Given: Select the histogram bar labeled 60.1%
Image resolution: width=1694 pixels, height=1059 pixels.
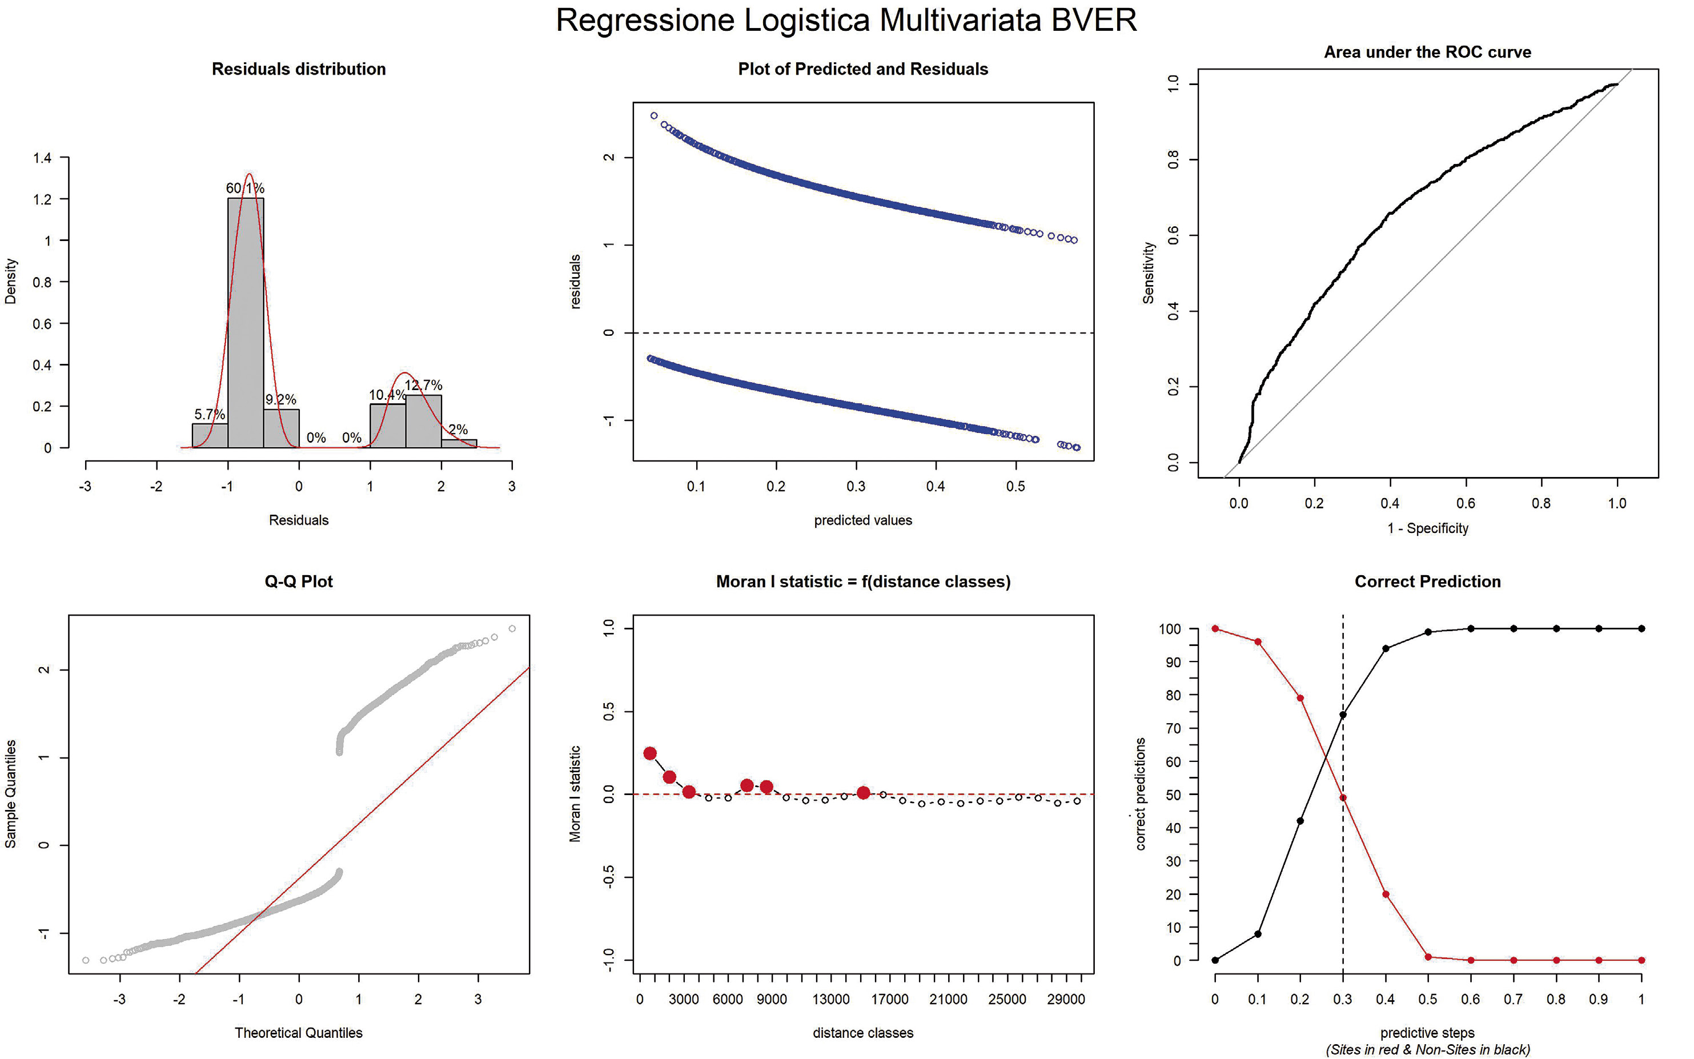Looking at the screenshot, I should coord(246,322).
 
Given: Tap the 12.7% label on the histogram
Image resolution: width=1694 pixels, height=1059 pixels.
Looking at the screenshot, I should coord(424,385).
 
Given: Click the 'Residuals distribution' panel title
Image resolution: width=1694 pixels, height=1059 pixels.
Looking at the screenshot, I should coord(299,69).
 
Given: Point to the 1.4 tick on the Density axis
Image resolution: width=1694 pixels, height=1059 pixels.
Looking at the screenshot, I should coord(42,158).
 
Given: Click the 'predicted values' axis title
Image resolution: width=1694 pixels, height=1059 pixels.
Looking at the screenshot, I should coord(863,520).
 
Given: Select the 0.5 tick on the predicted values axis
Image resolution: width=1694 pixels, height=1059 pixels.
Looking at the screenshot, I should coord(1015,487).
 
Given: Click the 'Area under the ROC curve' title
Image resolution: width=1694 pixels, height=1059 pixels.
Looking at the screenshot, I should coord(1427,53).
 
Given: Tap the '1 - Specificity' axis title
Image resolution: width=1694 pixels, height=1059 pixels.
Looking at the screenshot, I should coord(1427,529).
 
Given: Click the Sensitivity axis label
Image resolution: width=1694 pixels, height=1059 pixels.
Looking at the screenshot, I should coord(1149,273).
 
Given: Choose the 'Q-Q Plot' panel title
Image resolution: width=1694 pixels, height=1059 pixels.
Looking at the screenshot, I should coord(299,582).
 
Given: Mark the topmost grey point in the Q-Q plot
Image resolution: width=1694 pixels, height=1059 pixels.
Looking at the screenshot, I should coord(512,629).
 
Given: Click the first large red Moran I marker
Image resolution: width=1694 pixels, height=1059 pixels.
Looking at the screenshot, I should coord(650,753).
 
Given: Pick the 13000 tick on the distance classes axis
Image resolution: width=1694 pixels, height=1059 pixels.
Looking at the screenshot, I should coord(831,1000).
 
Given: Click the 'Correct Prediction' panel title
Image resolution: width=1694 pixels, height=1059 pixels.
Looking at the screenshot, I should coord(1427,582).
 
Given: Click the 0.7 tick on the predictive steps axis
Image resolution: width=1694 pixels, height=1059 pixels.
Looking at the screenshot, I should coord(1514,1000).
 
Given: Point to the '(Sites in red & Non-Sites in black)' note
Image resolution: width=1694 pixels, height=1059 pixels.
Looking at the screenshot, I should coord(1427,1050).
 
